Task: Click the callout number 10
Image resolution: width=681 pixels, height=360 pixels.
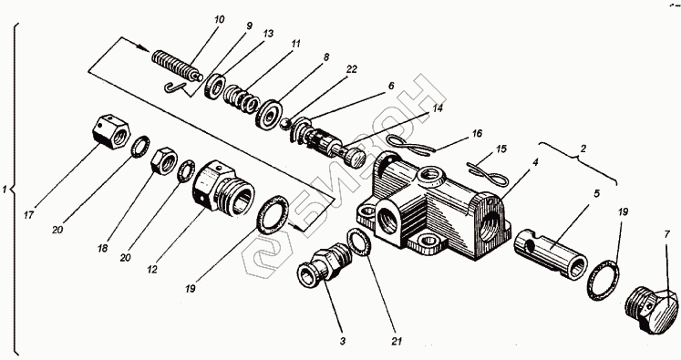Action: click(x=220, y=19)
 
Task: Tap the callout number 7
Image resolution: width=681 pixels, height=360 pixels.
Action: click(x=666, y=235)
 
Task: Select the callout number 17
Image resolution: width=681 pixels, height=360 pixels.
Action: click(x=28, y=215)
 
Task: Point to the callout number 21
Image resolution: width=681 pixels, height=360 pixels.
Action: click(x=396, y=342)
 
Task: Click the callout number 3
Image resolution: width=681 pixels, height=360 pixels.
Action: click(x=343, y=342)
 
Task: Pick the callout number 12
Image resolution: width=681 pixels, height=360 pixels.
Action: click(x=152, y=270)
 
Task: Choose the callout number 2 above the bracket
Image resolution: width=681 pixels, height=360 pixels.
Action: click(x=583, y=149)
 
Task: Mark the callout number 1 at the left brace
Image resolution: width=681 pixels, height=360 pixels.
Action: click(x=5, y=190)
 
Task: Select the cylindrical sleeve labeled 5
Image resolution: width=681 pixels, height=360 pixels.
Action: click(x=551, y=253)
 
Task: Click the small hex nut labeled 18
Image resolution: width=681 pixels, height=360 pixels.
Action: click(x=164, y=160)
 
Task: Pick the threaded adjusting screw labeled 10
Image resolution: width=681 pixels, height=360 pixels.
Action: click(x=177, y=67)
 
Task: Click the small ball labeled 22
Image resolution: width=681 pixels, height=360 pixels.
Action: click(x=284, y=124)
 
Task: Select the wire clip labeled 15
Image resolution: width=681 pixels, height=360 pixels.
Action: click(x=487, y=173)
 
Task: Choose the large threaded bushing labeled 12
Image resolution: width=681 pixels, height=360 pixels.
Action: click(x=223, y=188)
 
